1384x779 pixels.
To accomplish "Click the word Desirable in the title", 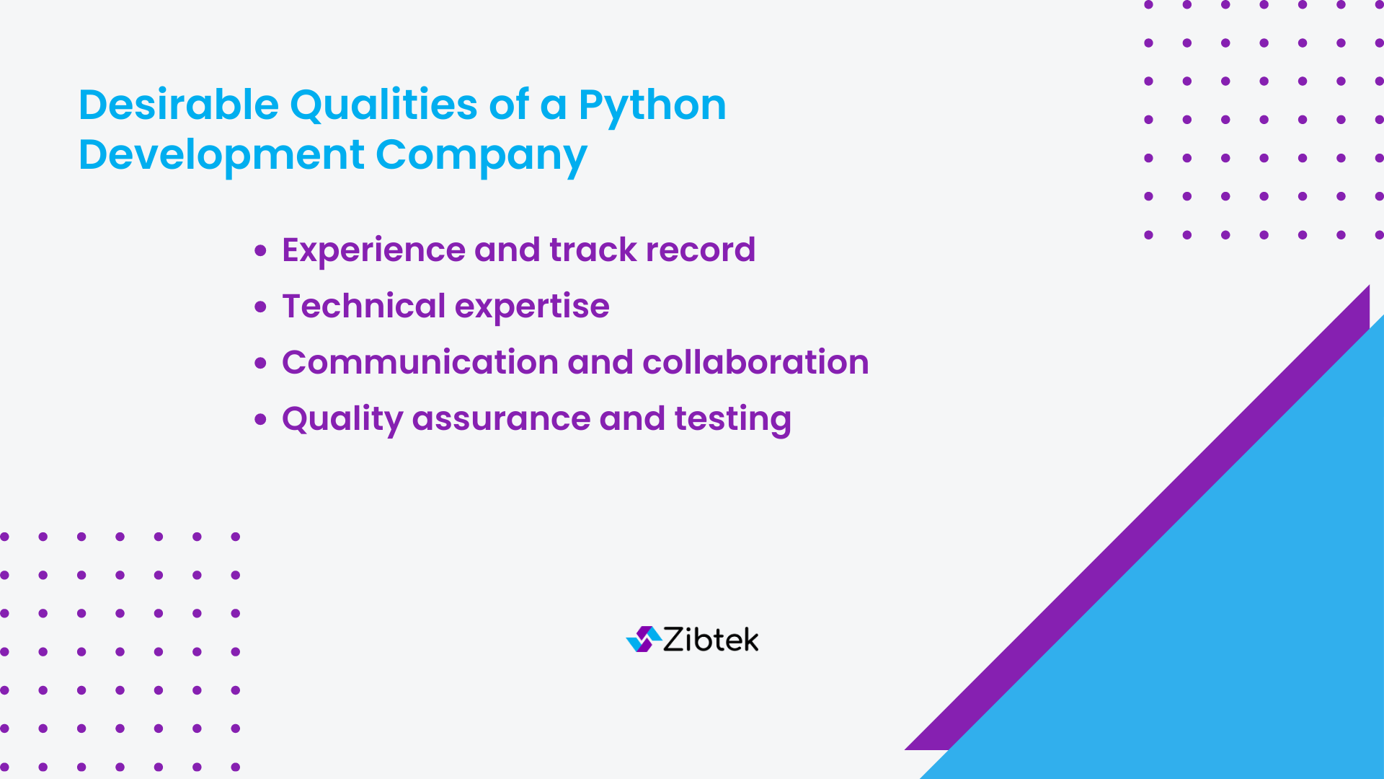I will (178, 105).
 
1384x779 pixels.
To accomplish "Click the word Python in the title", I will (652, 106).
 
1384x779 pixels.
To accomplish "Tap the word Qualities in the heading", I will (383, 105).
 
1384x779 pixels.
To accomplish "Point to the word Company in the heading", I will (481, 156).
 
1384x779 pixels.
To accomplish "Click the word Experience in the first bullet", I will (373, 250).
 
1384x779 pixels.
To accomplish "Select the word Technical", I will (364, 306).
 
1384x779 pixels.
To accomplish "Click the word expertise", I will (532, 307).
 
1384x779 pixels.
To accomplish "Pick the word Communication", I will (420, 362).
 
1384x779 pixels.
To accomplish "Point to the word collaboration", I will (755, 362).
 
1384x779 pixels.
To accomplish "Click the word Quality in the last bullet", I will (342, 419).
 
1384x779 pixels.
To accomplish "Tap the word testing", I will (732, 419).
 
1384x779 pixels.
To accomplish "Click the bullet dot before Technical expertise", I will (260, 307).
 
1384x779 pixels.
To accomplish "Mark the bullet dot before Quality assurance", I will (260, 420).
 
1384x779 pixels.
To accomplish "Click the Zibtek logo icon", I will (643, 639).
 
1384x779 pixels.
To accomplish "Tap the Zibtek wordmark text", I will (711, 640).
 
